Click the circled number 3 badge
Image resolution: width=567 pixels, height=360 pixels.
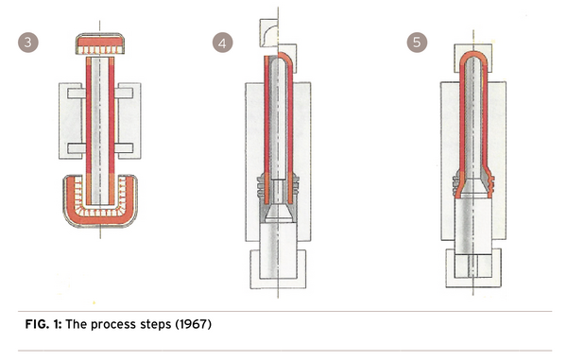click(x=28, y=43)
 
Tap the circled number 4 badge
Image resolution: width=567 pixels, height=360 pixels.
click(x=222, y=43)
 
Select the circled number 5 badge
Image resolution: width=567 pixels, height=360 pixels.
click(x=417, y=43)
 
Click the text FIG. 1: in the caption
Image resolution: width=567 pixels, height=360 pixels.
click(x=43, y=324)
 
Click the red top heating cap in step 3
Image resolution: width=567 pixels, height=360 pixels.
click(x=100, y=43)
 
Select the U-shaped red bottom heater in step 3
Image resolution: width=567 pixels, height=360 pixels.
click(x=100, y=214)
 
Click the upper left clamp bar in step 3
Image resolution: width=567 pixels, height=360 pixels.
click(x=77, y=94)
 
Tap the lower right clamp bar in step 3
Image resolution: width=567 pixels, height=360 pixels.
click(x=124, y=147)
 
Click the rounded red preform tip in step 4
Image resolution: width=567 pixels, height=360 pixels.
click(x=286, y=60)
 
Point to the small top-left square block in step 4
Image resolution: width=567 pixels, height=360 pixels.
click(x=268, y=33)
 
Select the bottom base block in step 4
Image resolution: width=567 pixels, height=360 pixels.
click(x=278, y=269)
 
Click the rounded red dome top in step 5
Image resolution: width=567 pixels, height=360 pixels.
click(x=473, y=59)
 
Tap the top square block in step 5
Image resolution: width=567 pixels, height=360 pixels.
click(x=473, y=58)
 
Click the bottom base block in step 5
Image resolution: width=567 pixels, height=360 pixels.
click(x=473, y=267)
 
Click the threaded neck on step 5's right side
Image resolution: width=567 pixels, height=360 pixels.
click(x=490, y=184)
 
